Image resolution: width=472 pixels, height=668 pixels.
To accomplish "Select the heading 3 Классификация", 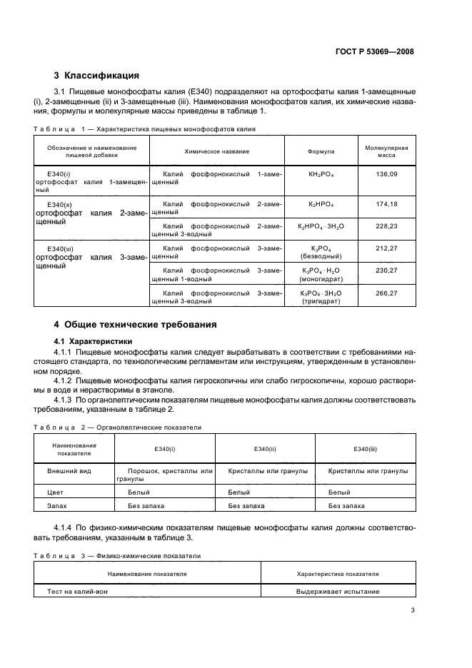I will click(x=96, y=76).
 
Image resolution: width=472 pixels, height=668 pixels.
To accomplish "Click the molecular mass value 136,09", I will click(x=386, y=174).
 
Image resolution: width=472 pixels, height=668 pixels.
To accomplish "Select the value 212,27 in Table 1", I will click(x=386, y=248).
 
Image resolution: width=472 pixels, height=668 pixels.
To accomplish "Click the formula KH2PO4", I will click(x=321, y=174).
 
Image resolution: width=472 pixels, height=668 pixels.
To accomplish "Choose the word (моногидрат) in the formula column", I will click(x=321, y=278).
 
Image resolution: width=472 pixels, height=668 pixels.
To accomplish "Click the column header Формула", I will click(x=321, y=152).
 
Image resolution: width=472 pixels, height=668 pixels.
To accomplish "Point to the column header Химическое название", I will click(x=216, y=152).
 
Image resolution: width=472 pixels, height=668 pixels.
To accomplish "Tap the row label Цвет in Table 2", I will click(x=56, y=492).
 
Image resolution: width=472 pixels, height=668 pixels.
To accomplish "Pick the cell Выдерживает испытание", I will click(x=338, y=592).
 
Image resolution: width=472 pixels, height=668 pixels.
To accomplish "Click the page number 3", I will click(x=413, y=610).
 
